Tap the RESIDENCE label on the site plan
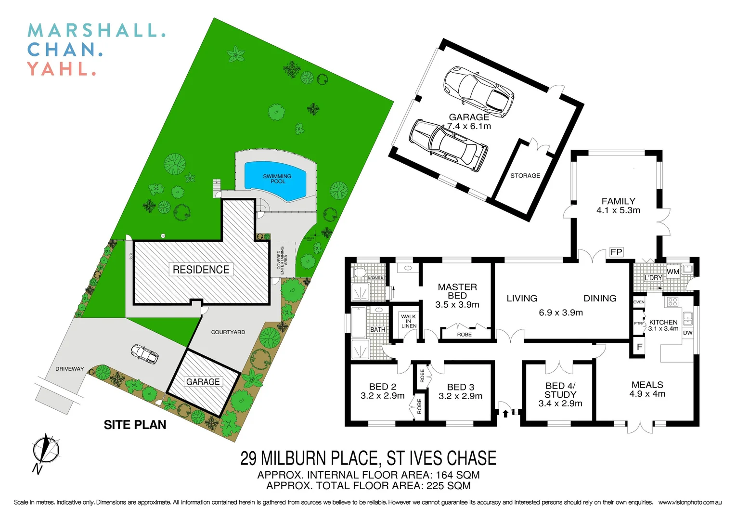point(201,270)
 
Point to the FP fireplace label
point(616,252)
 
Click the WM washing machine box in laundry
point(673,272)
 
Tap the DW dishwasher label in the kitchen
point(688,333)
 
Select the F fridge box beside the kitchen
point(639,347)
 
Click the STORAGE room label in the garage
point(525,176)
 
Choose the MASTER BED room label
point(457,291)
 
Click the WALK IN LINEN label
point(409,321)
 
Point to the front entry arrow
point(505,413)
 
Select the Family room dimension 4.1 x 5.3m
point(618,210)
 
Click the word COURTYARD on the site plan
point(228,332)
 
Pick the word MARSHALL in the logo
point(96,30)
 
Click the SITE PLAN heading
point(135,425)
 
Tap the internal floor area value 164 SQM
point(457,475)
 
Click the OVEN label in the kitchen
point(639,302)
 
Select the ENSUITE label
point(375,277)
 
